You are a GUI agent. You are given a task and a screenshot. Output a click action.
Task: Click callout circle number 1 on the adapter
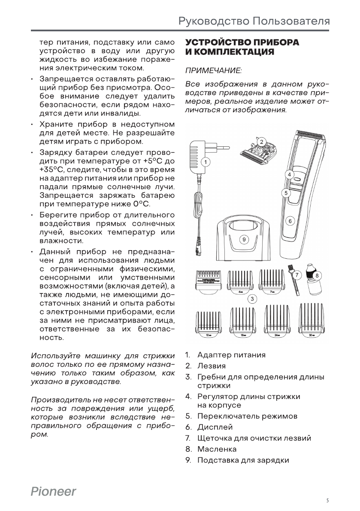click(206, 162)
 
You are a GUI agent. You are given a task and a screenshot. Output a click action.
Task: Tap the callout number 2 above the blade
click(261, 142)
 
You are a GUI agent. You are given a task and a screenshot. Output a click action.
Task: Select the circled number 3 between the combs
click(253, 298)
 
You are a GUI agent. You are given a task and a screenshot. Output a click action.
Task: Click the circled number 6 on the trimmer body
click(290, 221)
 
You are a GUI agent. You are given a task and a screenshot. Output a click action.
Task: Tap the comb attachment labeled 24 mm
click(277, 321)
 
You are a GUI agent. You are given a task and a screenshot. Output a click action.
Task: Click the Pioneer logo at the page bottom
click(53, 492)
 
